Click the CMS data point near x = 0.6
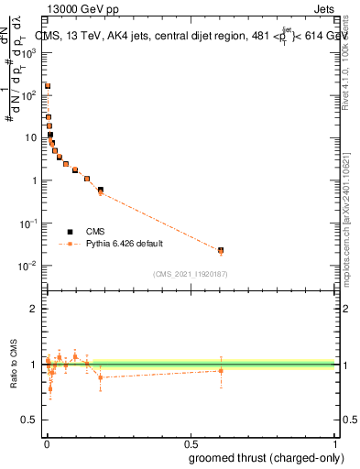[x=220, y=249]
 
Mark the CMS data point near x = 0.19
[x=101, y=190]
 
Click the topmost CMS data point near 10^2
[x=48, y=86]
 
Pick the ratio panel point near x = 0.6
[x=220, y=370]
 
